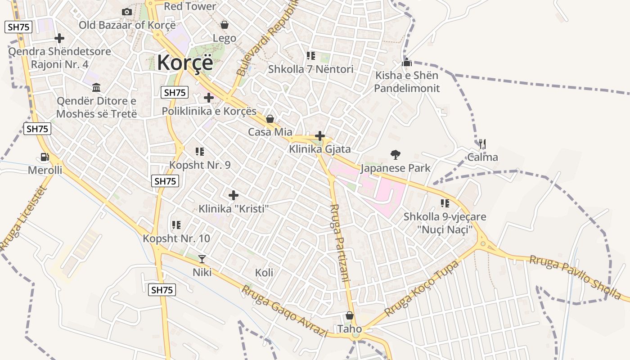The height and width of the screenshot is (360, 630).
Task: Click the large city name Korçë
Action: (185, 62)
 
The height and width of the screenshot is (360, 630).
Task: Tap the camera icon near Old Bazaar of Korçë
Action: (127, 12)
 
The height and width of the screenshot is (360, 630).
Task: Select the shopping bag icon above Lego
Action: (224, 25)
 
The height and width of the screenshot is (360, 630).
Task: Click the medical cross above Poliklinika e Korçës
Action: (209, 97)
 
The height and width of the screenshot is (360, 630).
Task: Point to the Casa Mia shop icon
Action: (270, 119)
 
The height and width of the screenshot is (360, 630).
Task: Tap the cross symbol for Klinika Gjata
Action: (320, 135)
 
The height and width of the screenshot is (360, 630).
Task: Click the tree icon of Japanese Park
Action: (396, 155)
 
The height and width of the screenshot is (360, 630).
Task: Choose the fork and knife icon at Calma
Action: (482, 144)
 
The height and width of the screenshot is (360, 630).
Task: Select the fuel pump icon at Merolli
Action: (45, 157)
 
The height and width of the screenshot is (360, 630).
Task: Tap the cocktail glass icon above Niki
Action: (202, 259)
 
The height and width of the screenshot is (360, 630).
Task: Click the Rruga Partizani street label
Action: (340, 243)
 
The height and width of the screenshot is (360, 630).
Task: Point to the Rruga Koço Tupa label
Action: (422, 288)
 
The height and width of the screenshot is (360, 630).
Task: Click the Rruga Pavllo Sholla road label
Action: (575, 277)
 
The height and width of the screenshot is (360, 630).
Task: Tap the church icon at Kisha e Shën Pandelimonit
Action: (407, 62)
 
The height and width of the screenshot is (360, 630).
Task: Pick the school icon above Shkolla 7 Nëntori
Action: (310, 56)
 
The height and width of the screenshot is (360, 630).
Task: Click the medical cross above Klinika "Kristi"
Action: (234, 195)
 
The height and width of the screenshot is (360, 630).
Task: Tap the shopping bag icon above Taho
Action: (349, 316)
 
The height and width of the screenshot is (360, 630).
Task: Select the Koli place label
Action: (264, 273)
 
